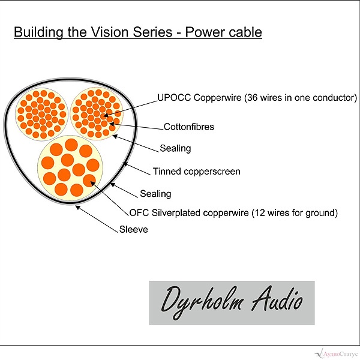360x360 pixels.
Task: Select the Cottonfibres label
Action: click(x=189, y=127)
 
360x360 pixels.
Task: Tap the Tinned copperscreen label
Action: click(x=197, y=172)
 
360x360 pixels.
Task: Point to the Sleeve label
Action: click(x=134, y=229)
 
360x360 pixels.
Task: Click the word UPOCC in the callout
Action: click(x=174, y=98)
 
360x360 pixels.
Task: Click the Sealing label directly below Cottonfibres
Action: click(x=175, y=148)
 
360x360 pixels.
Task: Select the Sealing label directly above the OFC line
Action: click(x=155, y=194)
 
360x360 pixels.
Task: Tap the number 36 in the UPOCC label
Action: click(x=253, y=98)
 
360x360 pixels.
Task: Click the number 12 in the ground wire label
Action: click(x=259, y=213)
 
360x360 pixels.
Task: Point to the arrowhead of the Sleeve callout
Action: click(x=77, y=207)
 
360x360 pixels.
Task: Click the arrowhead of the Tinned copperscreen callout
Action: click(x=125, y=164)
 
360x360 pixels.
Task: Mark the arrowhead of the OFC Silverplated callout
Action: click(x=93, y=184)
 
